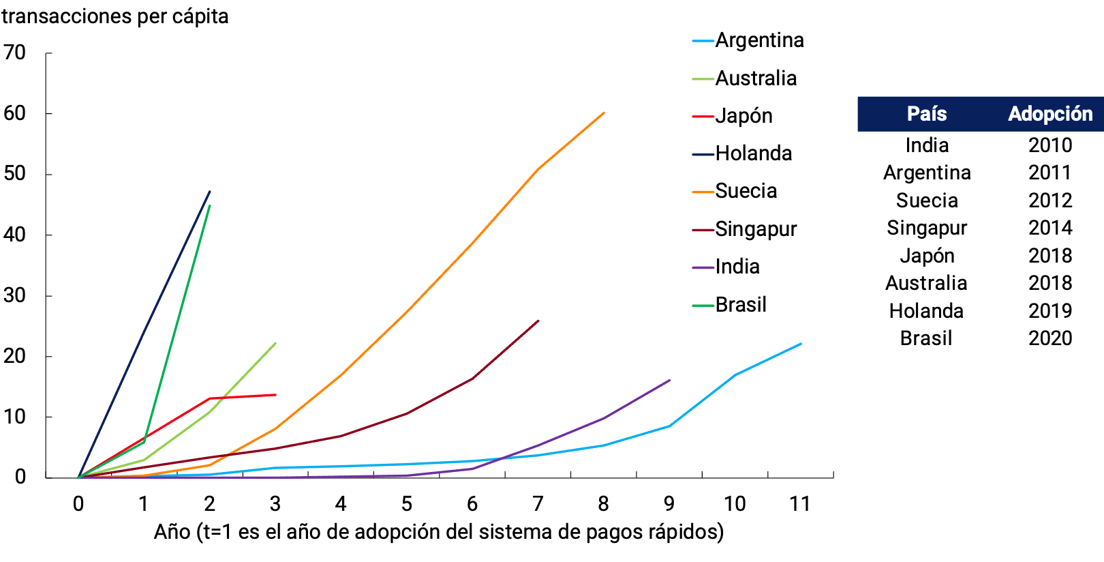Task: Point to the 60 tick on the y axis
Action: pos(15,113)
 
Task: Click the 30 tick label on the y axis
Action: pos(15,295)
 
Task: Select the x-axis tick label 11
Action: pos(800,504)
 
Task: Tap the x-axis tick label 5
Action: pos(406,504)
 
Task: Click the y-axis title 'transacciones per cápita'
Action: pos(114,16)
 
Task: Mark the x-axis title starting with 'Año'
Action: pos(438,532)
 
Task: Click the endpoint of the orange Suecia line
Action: pos(604,113)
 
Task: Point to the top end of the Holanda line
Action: pos(210,192)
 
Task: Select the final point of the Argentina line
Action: pos(801,344)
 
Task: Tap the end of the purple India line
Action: pos(670,381)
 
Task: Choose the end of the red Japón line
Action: pos(275,395)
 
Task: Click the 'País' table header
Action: pos(927,114)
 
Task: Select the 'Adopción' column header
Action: pos(1050,114)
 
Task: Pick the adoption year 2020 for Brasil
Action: pos(1050,338)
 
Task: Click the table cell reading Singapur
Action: pos(927,228)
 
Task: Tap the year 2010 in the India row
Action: pos(1050,145)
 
